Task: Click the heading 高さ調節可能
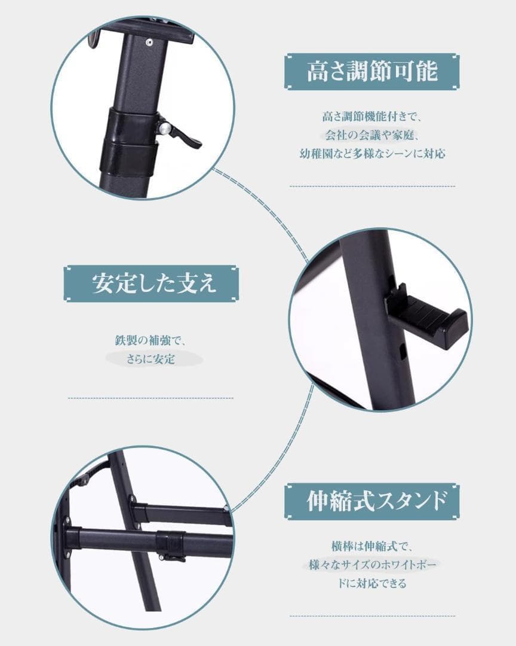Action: [372, 72]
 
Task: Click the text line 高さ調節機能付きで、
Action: [372, 115]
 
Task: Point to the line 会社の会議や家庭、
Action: [372, 135]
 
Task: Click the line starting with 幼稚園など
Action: [372, 154]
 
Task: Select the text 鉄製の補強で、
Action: [151, 340]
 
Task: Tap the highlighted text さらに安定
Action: [151, 359]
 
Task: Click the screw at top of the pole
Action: [148, 42]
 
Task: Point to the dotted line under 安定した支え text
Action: [150, 398]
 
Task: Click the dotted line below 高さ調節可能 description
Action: [372, 187]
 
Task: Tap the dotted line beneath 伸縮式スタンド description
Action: [372, 615]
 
